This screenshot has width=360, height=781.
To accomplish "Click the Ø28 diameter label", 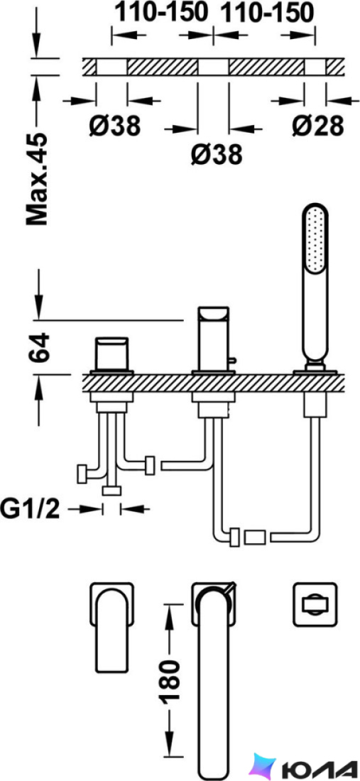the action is click(x=317, y=126).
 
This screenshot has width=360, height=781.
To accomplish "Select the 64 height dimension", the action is click(x=39, y=348).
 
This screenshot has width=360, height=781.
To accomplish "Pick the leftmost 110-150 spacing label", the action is click(x=161, y=13).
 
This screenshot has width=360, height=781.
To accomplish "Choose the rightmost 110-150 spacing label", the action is click(x=267, y=13).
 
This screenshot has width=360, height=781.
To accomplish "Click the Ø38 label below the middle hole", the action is click(x=217, y=155).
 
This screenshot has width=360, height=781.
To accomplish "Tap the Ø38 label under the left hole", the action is click(x=115, y=126).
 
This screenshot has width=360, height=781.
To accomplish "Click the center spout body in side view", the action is click(x=213, y=339).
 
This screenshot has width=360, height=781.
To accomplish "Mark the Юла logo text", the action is click(x=318, y=767).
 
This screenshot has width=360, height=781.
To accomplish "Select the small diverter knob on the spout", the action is click(x=232, y=360).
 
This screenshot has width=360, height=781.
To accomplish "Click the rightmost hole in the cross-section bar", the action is click(x=315, y=67).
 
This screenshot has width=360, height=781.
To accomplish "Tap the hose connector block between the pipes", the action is click(x=254, y=538).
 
